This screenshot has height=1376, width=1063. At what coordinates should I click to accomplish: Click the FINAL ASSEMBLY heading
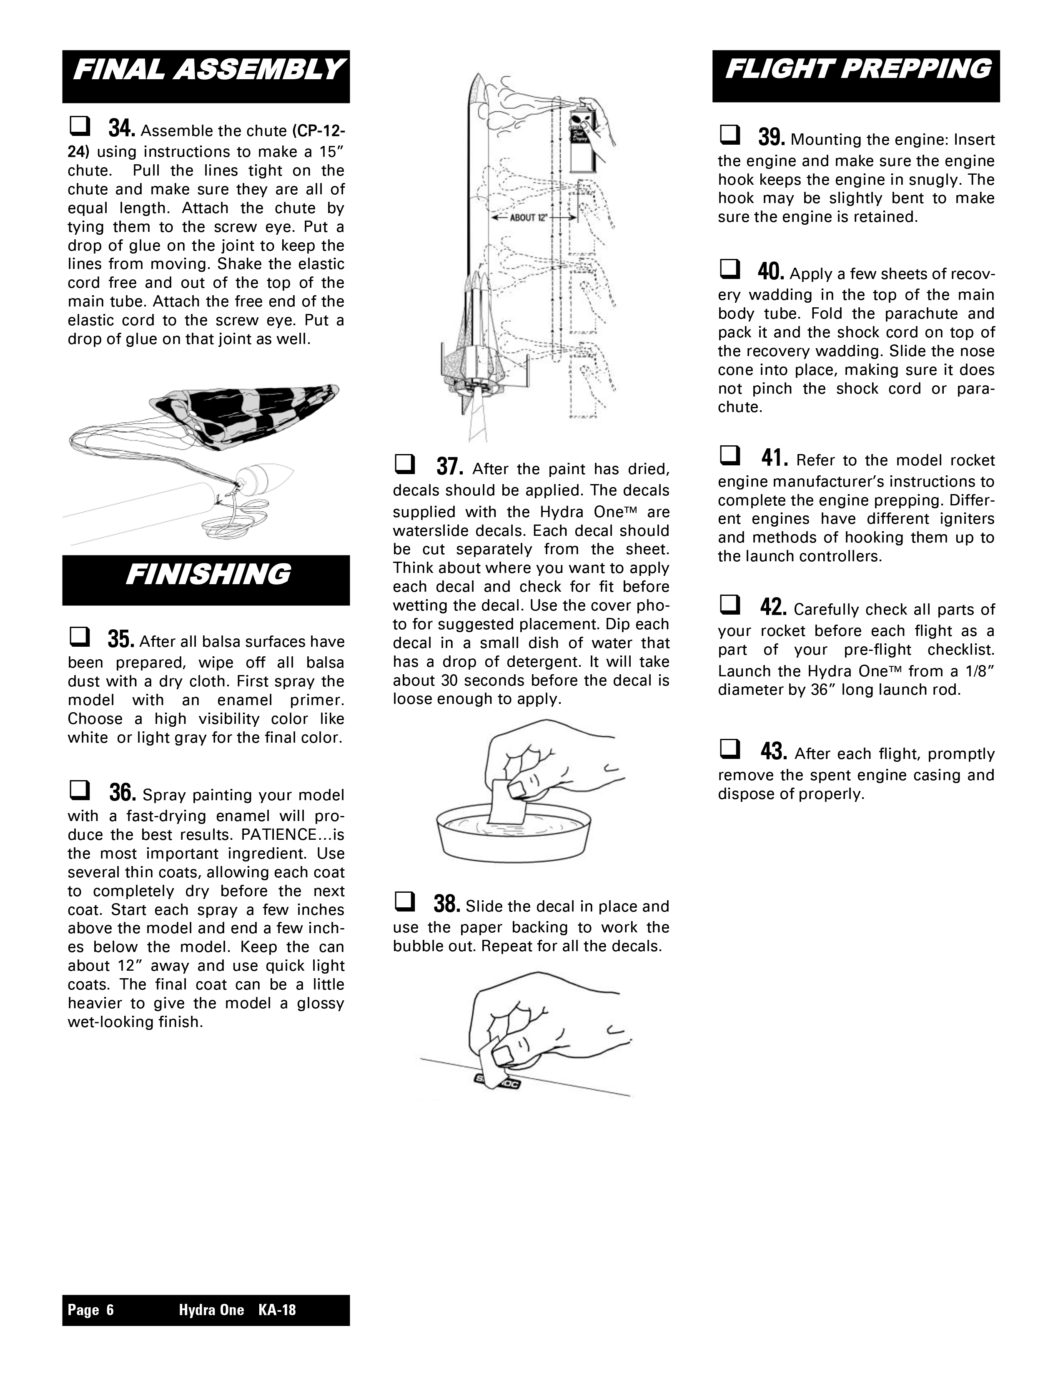click(208, 70)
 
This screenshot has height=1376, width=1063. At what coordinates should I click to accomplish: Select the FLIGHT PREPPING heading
click(857, 69)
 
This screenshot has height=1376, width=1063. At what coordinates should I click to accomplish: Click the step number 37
click(450, 467)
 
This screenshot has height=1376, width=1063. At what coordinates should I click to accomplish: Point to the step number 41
click(774, 458)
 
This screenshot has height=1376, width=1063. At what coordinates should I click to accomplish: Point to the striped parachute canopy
click(246, 416)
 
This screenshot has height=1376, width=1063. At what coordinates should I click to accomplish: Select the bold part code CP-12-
click(318, 131)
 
